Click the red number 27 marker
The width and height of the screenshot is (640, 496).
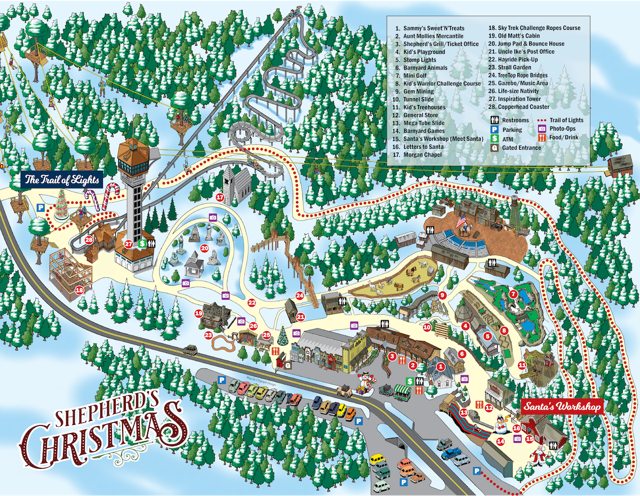(x=129, y=244)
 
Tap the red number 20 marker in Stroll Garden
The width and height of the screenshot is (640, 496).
(x=204, y=248)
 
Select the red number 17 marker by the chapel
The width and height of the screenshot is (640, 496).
(x=220, y=197)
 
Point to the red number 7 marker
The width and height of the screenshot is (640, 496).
(x=513, y=294)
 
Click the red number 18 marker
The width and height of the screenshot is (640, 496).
(x=79, y=290)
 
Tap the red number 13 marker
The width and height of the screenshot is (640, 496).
(x=464, y=412)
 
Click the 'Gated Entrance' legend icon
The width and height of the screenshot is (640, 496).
(x=494, y=148)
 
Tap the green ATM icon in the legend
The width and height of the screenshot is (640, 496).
(x=494, y=139)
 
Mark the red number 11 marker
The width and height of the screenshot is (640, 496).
(x=522, y=365)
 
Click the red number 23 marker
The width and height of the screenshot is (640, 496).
(x=209, y=335)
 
